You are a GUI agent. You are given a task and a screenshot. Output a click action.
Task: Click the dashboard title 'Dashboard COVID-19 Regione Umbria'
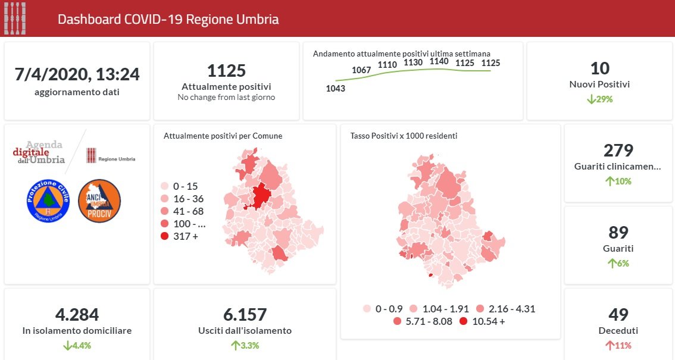tap(168, 19)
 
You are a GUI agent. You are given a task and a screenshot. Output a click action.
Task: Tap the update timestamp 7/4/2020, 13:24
tap(77, 74)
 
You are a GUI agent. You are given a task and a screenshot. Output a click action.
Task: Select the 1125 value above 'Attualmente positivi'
tap(226, 71)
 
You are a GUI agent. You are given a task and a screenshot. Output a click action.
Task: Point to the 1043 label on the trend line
tap(336, 89)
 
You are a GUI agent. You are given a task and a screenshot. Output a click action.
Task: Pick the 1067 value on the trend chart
tap(361, 70)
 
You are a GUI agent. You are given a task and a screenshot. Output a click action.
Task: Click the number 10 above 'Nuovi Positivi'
tap(599, 68)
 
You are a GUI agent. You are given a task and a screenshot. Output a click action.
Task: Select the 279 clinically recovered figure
tap(618, 150)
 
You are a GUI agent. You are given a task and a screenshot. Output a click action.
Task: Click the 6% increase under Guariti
tap(618, 264)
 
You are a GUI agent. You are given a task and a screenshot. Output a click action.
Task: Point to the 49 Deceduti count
tap(618, 314)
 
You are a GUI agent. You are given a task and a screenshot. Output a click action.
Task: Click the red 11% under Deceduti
tap(618, 346)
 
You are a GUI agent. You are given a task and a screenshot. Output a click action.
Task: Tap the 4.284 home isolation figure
tap(77, 314)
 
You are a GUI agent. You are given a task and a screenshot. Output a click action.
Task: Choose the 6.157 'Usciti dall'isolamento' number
tap(228, 314)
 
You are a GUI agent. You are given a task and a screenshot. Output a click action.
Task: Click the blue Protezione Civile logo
tap(48, 201)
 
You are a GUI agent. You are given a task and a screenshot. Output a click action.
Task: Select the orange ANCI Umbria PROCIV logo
tap(99, 201)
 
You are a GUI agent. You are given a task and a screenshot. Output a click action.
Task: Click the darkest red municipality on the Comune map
tap(261, 196)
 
